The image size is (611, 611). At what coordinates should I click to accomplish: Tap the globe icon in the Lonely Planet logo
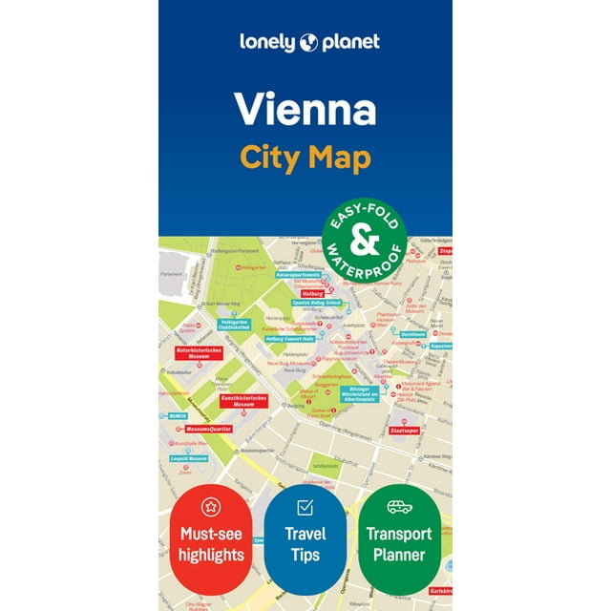point(307,42)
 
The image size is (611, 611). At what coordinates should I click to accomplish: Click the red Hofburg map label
point(312,294)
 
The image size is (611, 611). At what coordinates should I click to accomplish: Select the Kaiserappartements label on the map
point(299,274)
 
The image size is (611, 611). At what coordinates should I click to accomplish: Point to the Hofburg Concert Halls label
point(289,339)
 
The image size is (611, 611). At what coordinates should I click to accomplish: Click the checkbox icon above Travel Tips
point(305,507)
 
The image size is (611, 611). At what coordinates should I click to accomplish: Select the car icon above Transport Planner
point(400,507)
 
